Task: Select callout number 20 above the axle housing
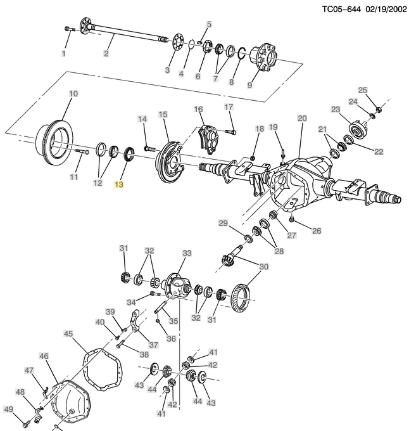(x=301, y=119)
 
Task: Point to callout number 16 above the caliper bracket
(x=198, y=110)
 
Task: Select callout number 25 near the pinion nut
(x=363, y=90)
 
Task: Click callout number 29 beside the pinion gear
(x=223, y=222)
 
